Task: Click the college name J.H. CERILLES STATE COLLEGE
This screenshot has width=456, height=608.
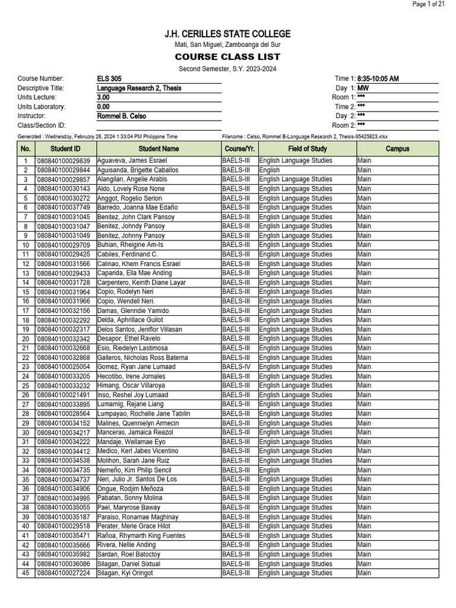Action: (227, 34)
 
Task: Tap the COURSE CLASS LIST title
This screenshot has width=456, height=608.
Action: (227, 57)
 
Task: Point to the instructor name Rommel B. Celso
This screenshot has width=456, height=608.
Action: (122, 116)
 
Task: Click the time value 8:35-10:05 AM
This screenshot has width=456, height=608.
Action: (378, 79)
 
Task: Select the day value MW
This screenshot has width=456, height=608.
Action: (363, 88)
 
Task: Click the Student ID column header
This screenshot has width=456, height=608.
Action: (65, 149)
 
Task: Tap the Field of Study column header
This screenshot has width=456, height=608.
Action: (307, 149)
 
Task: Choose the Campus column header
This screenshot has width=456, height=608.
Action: (397, 149)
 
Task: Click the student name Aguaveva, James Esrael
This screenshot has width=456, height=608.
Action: (132, 161)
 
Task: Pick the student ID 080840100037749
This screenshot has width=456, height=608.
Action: (64, 207)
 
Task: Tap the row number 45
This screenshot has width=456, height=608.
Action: (26, 573)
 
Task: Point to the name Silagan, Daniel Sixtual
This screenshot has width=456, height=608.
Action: (128, 563)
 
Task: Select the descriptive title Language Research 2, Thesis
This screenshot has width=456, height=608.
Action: (140, 88)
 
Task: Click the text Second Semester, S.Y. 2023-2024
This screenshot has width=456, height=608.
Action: (227, 69)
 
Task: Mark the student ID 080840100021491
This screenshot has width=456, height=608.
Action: (64, 395)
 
